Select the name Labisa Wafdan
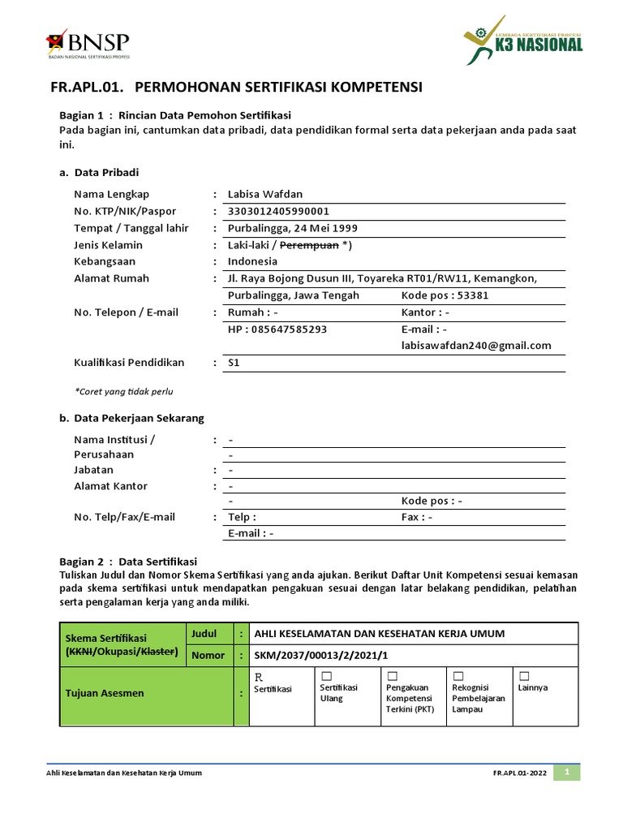coord(265,194)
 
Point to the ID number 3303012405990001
coord(278,211)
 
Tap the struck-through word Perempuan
coord(309,245)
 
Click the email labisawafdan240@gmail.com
coord(476,346)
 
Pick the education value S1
coord(234,363)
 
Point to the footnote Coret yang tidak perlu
coord(124,391)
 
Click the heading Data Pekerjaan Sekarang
coord(139,418)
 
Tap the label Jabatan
coord(94,470)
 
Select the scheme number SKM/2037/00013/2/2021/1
coord(321,655)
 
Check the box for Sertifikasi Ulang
coord(326,676)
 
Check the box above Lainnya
coord(524,676)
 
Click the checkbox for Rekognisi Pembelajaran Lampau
coord(458,676)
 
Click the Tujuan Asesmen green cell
coord(122,693)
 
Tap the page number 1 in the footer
coord(568,772)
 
